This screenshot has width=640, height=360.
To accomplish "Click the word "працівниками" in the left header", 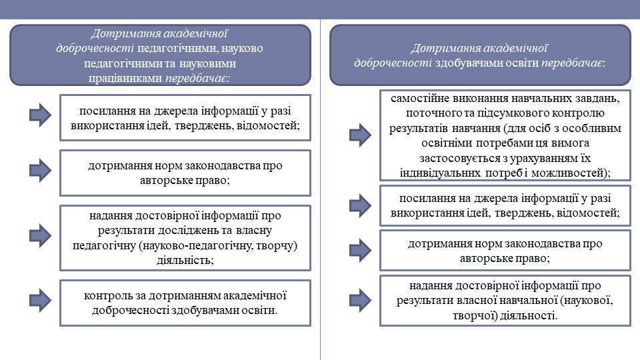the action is (125, 78).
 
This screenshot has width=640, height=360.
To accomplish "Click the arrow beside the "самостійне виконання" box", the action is (361, 135).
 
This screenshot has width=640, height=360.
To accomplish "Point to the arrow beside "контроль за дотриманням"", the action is (41, 301).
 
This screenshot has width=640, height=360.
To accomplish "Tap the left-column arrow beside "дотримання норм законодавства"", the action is (41, 170).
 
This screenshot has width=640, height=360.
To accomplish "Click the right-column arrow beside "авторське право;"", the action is (361, 250).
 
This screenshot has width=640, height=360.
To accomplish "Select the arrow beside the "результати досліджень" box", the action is (41, 235).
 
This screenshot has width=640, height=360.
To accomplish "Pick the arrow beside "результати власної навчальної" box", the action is (361, 301).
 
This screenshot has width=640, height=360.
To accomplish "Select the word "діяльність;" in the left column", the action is (185, 261).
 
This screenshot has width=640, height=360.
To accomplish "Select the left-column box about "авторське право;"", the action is (185, 173).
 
